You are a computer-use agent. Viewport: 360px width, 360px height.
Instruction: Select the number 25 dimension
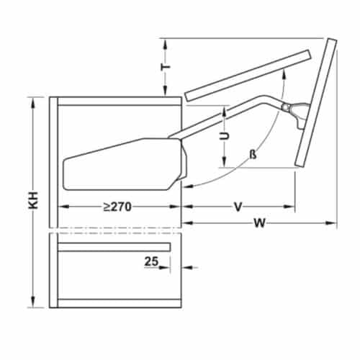click(151, 261)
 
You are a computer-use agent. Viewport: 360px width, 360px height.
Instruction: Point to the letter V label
click(237, 207)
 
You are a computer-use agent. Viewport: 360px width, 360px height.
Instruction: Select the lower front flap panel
click(315, 104)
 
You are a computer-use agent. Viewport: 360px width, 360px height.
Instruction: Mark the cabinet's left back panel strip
click(53, 202)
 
